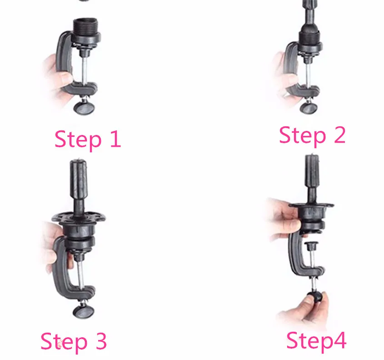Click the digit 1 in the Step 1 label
(115, 139)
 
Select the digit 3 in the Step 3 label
(101, 341)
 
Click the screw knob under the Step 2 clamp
(309, 107)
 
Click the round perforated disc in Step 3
(78, 217)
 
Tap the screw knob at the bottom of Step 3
(84, 311)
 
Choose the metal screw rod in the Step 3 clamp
(81, 274)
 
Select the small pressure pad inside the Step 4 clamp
(311, 245)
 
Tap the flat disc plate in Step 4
(311, 205)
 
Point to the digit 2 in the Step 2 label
(339, 135)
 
